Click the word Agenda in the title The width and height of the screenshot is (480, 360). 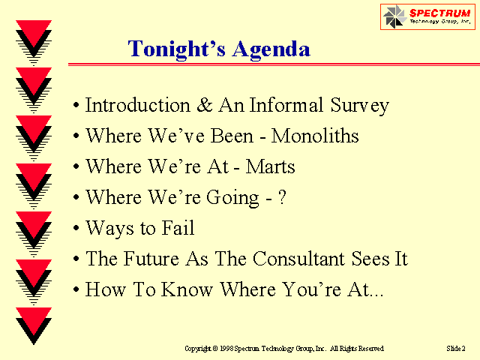[271, 49]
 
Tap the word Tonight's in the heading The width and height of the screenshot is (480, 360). [177, 49]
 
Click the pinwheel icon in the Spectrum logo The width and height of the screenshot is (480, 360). [394, 16]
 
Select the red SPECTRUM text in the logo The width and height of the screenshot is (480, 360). [440, 13]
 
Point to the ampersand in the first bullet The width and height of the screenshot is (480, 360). [205, 105]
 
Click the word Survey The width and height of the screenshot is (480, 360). [360, 106]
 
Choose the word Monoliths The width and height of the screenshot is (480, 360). [315, 135]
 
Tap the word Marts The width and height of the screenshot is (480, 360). [270, 166]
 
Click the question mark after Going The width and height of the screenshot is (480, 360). [282, 197]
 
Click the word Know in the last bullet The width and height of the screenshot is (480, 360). [187, 289]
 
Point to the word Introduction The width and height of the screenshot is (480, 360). [137, 105]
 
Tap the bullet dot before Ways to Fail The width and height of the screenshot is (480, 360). [76, 228]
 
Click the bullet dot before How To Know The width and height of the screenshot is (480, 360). [76, 289]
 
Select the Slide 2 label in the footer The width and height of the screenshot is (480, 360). [456, 348]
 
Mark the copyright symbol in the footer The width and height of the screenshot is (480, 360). [215, 349]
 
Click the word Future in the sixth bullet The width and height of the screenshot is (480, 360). [151, 259]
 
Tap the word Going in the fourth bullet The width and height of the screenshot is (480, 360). [232, 198]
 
